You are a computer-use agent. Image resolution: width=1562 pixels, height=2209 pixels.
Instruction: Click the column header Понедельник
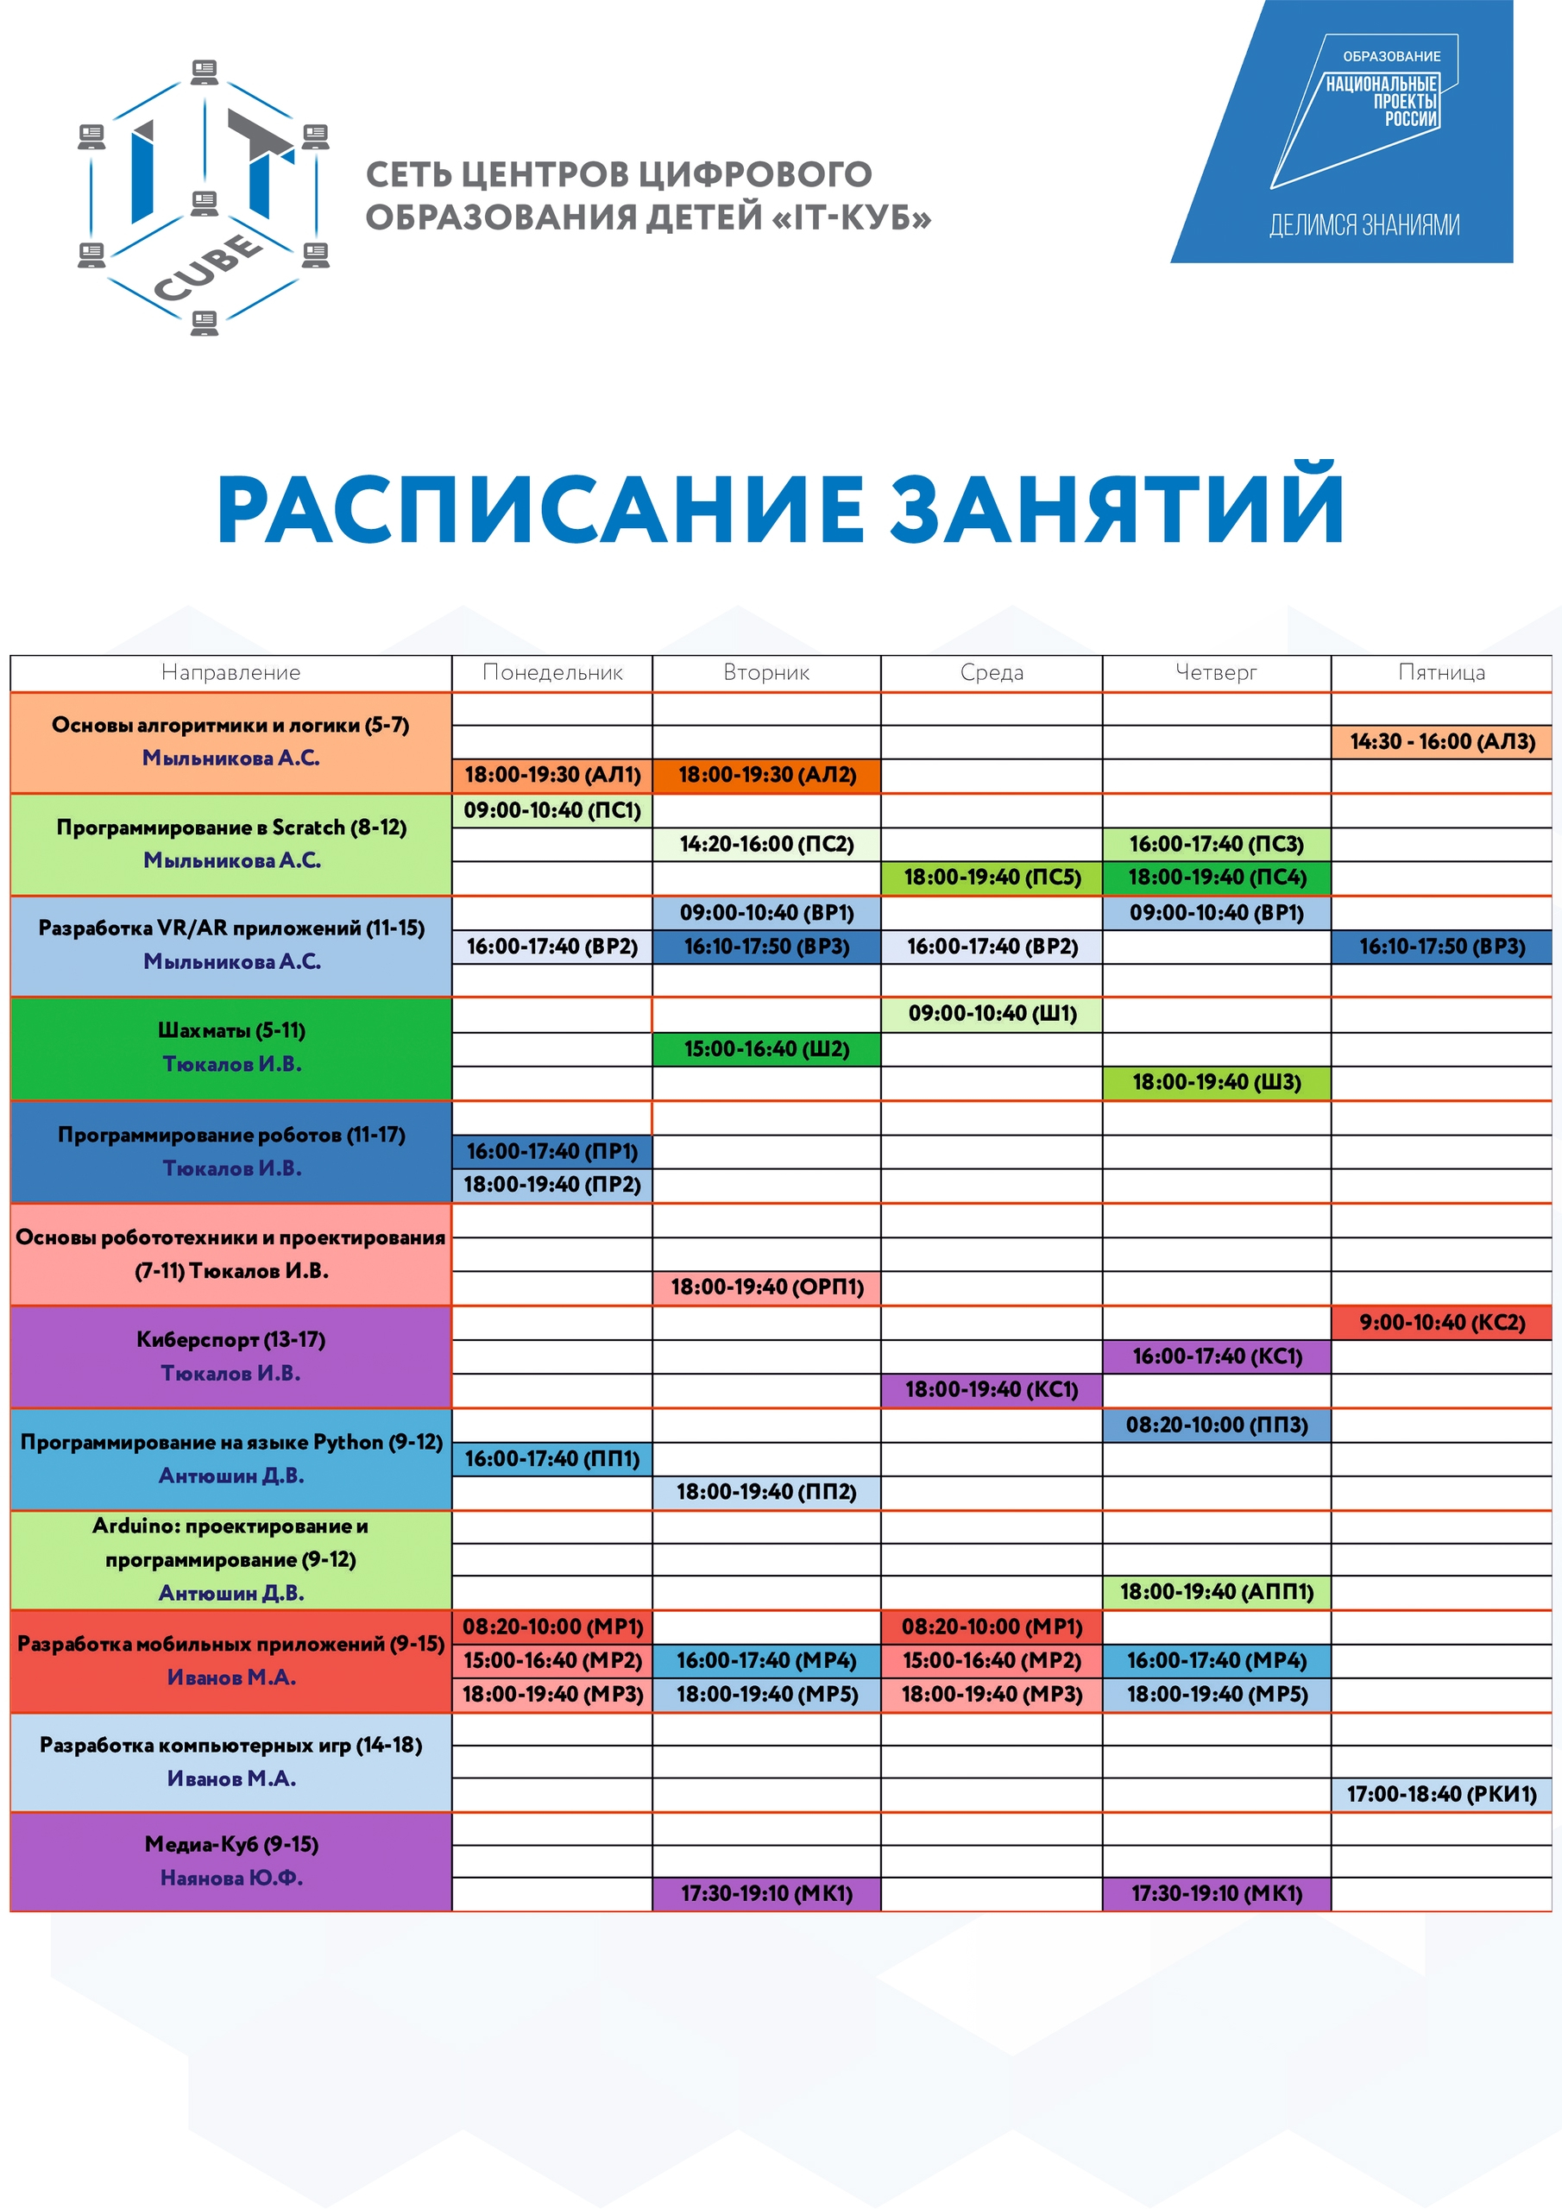tap(552, 672)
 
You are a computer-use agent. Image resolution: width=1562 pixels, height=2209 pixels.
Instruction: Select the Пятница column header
tap(1440, 672)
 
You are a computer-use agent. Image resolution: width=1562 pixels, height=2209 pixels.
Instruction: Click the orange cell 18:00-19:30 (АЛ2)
tap(766, 776)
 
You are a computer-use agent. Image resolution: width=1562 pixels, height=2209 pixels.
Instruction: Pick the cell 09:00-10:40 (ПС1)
tap(552, 810)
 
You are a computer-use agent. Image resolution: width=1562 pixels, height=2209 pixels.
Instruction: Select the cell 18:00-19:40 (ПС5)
tap(992, 878)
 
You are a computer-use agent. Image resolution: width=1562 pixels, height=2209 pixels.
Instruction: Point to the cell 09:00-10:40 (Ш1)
tap(992, 1014)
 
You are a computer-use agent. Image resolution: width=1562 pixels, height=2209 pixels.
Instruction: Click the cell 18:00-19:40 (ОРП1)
tap(766, 1287)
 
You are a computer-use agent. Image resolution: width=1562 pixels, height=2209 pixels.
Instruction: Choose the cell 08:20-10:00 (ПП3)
tap(1217, 1425)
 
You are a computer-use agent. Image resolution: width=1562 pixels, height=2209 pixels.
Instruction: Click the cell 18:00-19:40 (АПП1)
tap(1217, 1592)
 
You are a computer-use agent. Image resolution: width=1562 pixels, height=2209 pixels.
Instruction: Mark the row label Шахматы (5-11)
tap(231, 1030)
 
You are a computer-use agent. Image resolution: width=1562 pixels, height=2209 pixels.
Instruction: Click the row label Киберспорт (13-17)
tap(231, 1339)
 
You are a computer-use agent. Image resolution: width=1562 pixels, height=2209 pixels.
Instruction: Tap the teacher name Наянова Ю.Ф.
tap(231, 1878)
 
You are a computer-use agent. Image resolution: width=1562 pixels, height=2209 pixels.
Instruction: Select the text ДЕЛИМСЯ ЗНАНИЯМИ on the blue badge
tap(1364, 225)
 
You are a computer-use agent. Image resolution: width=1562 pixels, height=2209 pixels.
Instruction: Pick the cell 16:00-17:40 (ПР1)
tap(552, 1152)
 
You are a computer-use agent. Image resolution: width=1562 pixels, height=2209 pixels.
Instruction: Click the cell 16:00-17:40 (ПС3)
tap(1217, 845)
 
